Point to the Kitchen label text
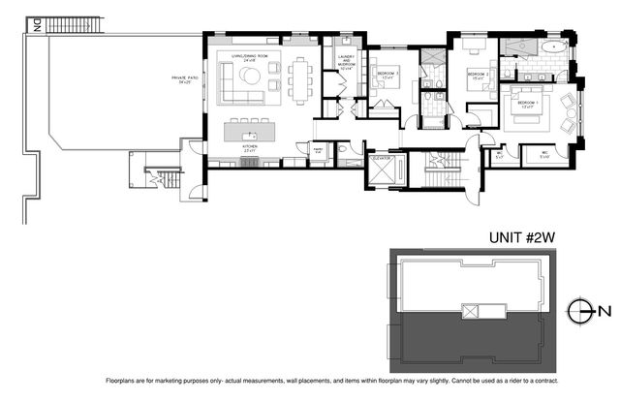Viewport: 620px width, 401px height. point(249,148)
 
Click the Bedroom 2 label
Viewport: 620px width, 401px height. point(478,75)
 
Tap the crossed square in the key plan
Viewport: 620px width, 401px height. point(473,311)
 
